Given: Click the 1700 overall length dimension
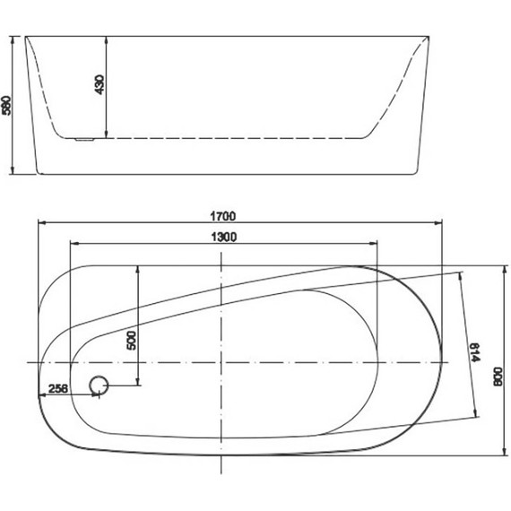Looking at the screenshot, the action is click(x=223, y=216).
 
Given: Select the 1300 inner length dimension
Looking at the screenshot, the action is click(x=224, y=237).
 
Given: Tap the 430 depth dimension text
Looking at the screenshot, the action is click(x=100, y=85).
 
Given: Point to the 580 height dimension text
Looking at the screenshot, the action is click(x=6, y=105).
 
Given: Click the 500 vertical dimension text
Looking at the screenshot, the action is click(x=131, y=341).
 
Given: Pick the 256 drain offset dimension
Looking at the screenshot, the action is click(x=58, y=388).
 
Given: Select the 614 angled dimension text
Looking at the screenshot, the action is click(x=475, y=352).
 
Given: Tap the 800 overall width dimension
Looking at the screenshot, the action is click(x=498, y=377).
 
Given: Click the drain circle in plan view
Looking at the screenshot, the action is click(x=99, y=385).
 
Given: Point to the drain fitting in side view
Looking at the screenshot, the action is click(x=85, y=140).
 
